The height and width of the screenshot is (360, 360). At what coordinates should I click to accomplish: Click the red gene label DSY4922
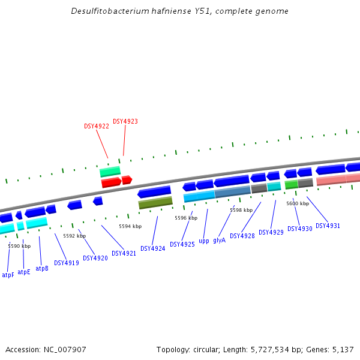click(x=97, y=127)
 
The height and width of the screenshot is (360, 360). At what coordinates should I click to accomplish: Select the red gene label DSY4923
click(x=125, y=121)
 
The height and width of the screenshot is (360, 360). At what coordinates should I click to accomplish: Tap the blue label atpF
click(x=8, y=275)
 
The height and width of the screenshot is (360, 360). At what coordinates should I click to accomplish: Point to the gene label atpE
click(x=24, y=272)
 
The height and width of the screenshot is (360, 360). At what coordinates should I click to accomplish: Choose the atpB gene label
click(x=42, y=268)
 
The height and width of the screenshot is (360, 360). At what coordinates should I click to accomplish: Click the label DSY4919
click(x=67, y=263)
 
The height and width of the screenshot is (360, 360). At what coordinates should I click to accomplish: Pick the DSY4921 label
click(x=124, y=253)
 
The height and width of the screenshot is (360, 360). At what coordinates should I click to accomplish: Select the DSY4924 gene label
click(x=152, y=248)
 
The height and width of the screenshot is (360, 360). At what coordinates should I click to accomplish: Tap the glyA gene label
click(x=219, y=240)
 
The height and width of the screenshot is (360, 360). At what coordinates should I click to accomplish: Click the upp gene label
click(x=204, y=241)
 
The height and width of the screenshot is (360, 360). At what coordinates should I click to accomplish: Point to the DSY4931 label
click(x=328, y=226)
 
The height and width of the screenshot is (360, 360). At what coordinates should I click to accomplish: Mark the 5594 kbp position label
click(x=130, y=226)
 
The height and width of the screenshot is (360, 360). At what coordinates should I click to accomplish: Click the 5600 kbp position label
click(x=298, y=203)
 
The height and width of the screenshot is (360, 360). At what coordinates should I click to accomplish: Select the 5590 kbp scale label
click(x=19, y=246)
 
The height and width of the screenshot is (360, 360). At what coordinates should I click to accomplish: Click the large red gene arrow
click(x=112, y=182)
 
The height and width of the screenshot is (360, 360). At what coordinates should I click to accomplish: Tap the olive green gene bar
click(x=155, y=203)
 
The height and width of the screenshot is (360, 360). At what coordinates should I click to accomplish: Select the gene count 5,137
click(x=343, y=349)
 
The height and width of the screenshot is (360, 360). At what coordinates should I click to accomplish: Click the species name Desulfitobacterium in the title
click(x=109, y=11)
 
